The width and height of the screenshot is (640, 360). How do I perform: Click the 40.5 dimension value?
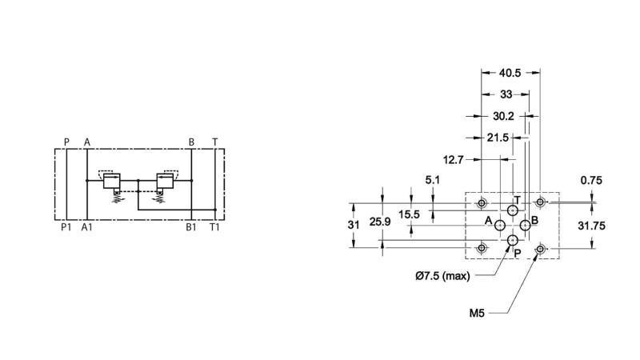point(510,73)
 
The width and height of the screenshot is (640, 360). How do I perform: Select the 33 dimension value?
point(506,94)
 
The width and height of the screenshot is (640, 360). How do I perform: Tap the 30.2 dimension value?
point(502,116)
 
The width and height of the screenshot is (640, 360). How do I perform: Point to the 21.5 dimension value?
point(498,138)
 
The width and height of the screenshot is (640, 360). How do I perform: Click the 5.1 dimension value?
point(432,180)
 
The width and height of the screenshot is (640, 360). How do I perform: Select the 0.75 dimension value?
point(591,180)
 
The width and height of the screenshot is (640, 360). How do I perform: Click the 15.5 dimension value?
point(410,214)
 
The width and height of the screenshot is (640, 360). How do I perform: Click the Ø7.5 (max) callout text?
point(442,276)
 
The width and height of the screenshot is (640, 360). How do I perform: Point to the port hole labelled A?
point(500,226)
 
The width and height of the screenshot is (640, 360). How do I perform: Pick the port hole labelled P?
point(512,240)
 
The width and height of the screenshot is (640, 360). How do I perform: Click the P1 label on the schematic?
point(66,227)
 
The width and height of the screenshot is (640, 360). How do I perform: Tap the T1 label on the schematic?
point(214,227)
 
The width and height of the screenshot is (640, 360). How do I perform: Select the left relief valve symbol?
point(111,182)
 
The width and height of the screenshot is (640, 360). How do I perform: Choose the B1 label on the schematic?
point(191,227)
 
